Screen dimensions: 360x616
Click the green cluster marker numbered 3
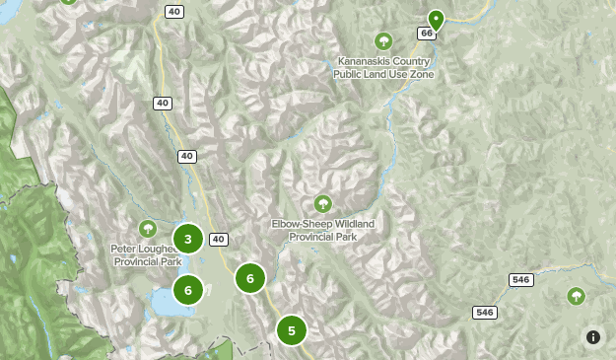(x=187, y=239)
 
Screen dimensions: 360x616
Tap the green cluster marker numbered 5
(x=291, y=330)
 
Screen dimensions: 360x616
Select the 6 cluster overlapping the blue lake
(x=187, y=290)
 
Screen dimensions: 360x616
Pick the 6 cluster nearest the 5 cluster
(x=250, y=279)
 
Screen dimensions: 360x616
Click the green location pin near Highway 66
(x=436, y=20)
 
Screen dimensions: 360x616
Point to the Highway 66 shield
(x=426, y=34)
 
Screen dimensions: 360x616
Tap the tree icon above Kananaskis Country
(x=383, y=41)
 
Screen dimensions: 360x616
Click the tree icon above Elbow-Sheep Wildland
(x=322, y=203)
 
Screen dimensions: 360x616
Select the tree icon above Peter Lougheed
(x=148, y=229)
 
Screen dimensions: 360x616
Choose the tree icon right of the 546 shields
(x=575, y=296)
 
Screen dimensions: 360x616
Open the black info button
(x=593, y=337)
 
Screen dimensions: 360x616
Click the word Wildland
(x=350, y=224)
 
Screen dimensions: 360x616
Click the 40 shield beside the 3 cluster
(x=219, y=240)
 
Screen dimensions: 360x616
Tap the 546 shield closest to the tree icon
(x=520, y=280)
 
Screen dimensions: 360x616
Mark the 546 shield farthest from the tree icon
(x=484, y=313)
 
